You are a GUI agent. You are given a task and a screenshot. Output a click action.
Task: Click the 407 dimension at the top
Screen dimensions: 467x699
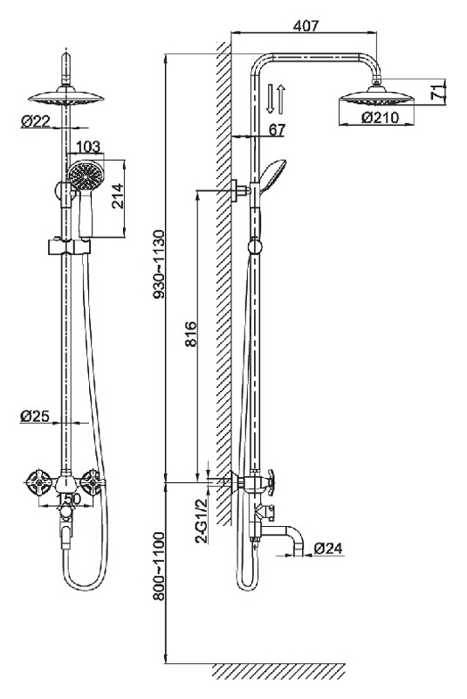[306, 26]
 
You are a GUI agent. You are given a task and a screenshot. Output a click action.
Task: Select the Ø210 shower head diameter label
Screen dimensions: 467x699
[381, 117]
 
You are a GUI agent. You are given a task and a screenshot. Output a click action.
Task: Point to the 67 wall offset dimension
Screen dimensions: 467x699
[277, 129]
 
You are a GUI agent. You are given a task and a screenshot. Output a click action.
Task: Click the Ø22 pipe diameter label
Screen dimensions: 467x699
[36, 121]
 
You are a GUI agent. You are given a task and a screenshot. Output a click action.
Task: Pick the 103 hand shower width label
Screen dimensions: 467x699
[88, 146]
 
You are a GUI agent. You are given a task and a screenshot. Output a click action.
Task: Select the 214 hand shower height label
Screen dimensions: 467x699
[118, 197]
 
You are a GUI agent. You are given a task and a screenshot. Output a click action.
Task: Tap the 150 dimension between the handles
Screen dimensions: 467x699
[69, 498]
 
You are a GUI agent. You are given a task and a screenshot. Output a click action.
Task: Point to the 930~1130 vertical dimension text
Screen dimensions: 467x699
[159, 265]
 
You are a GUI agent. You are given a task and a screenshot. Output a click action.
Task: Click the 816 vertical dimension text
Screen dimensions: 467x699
[190, 334]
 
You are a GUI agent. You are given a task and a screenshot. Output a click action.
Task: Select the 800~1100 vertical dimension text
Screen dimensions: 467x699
[159, 566]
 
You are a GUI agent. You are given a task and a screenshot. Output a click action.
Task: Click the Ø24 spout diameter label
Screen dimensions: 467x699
[328, 548]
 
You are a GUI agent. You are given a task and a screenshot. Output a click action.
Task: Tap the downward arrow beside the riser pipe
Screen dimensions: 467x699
[271, 99]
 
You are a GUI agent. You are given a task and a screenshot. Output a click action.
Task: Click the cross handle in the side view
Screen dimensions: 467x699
[270, 481]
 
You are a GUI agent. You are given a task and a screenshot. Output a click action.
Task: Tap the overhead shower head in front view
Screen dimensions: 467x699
[65, 98]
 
